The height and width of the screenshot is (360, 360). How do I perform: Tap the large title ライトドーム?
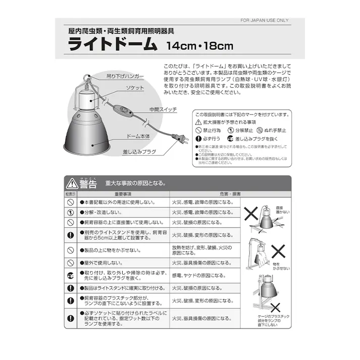(x=113, y=45)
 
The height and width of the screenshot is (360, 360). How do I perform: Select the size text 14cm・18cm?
(x=199, y=46)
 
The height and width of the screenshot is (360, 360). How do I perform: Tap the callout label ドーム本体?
(x=138, y=136)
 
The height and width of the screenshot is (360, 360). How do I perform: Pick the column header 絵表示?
(x=70, y=194)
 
